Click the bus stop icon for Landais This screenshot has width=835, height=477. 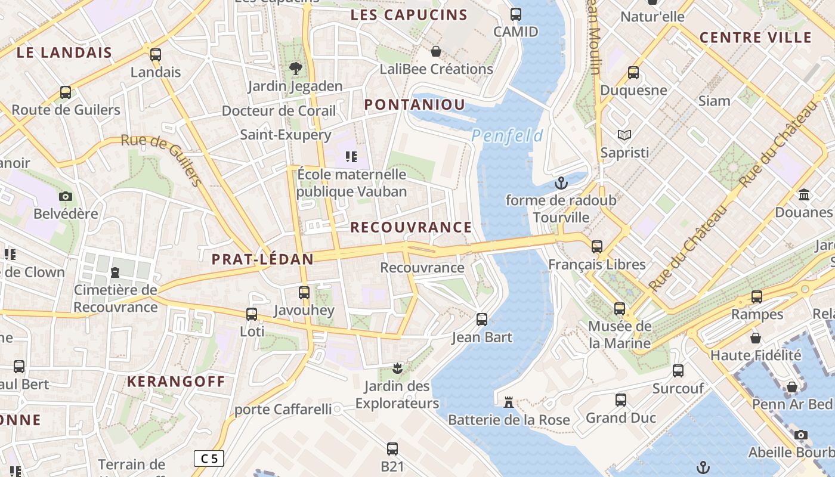tap(156, 55)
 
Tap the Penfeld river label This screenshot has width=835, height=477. tap(507, 136)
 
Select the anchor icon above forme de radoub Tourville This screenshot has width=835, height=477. tap(561, 183)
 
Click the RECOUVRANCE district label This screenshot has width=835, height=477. tap(411, 227)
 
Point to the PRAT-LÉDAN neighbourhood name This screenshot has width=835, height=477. tap(262, 259)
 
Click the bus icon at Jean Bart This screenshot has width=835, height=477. tap(482, 320)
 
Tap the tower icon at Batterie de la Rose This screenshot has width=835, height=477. tap(509, 402)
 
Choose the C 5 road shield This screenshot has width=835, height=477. tap(209, 459)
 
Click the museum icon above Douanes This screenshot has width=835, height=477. tap(804, 195)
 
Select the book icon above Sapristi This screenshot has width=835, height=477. tap(624, 135)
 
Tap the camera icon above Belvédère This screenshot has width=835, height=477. tap(66, 196)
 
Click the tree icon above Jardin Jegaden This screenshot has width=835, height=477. tap(295, 69)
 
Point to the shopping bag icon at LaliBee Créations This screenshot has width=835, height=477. tap(436, 51)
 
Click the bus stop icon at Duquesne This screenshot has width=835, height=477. tap(633, 73)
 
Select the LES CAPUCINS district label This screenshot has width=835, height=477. tap(409, 16)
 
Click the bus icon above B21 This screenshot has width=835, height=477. tap(392, 448)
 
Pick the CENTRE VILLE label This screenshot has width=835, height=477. tap(756, 38)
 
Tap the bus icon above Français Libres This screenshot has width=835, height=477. tap(596, 246)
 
